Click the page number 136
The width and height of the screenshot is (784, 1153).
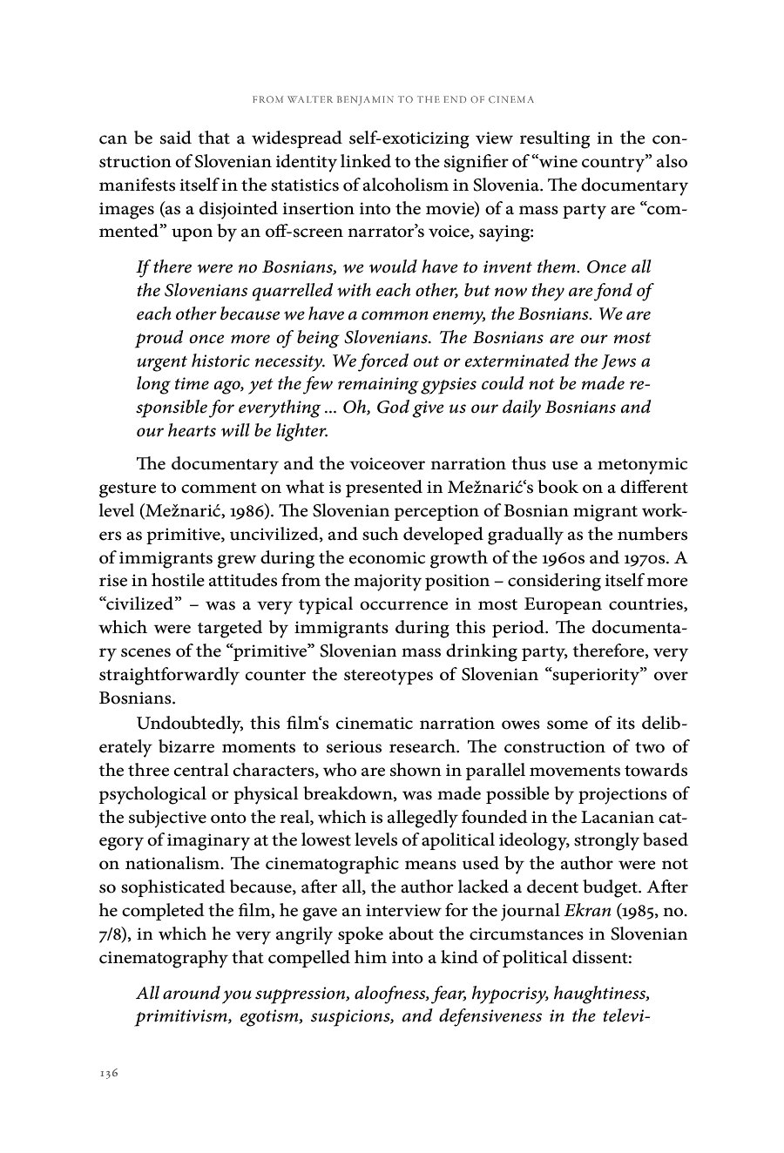click(x=108, y=1073)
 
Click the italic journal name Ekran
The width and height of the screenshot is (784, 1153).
click(x=587, y=910)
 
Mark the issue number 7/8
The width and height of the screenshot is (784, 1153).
click(x=111, y=934)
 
